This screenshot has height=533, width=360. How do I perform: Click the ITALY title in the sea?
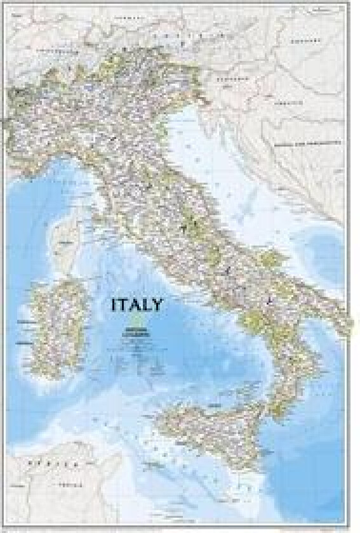point(136,305)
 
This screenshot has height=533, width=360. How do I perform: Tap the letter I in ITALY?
point(114,305)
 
